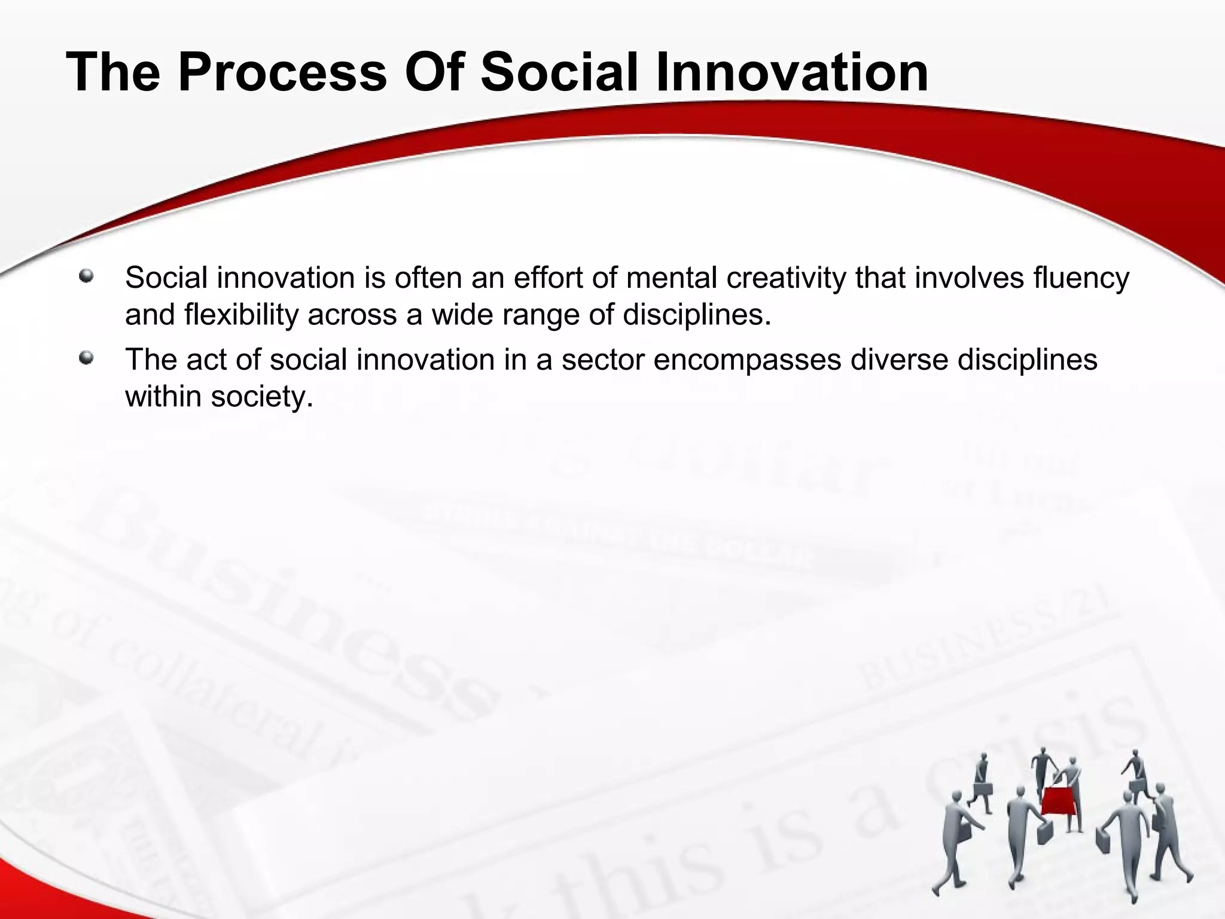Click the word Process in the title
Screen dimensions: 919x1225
(x=282, y=73)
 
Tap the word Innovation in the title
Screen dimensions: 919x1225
(x=792, y=73)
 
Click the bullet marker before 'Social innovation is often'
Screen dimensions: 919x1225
(x=87, y=276)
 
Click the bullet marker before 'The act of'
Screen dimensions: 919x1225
(x=87, y=358)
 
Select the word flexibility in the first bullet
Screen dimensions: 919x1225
(x=241, y=315)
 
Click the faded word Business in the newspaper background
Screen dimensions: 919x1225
(x=287, y=604)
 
